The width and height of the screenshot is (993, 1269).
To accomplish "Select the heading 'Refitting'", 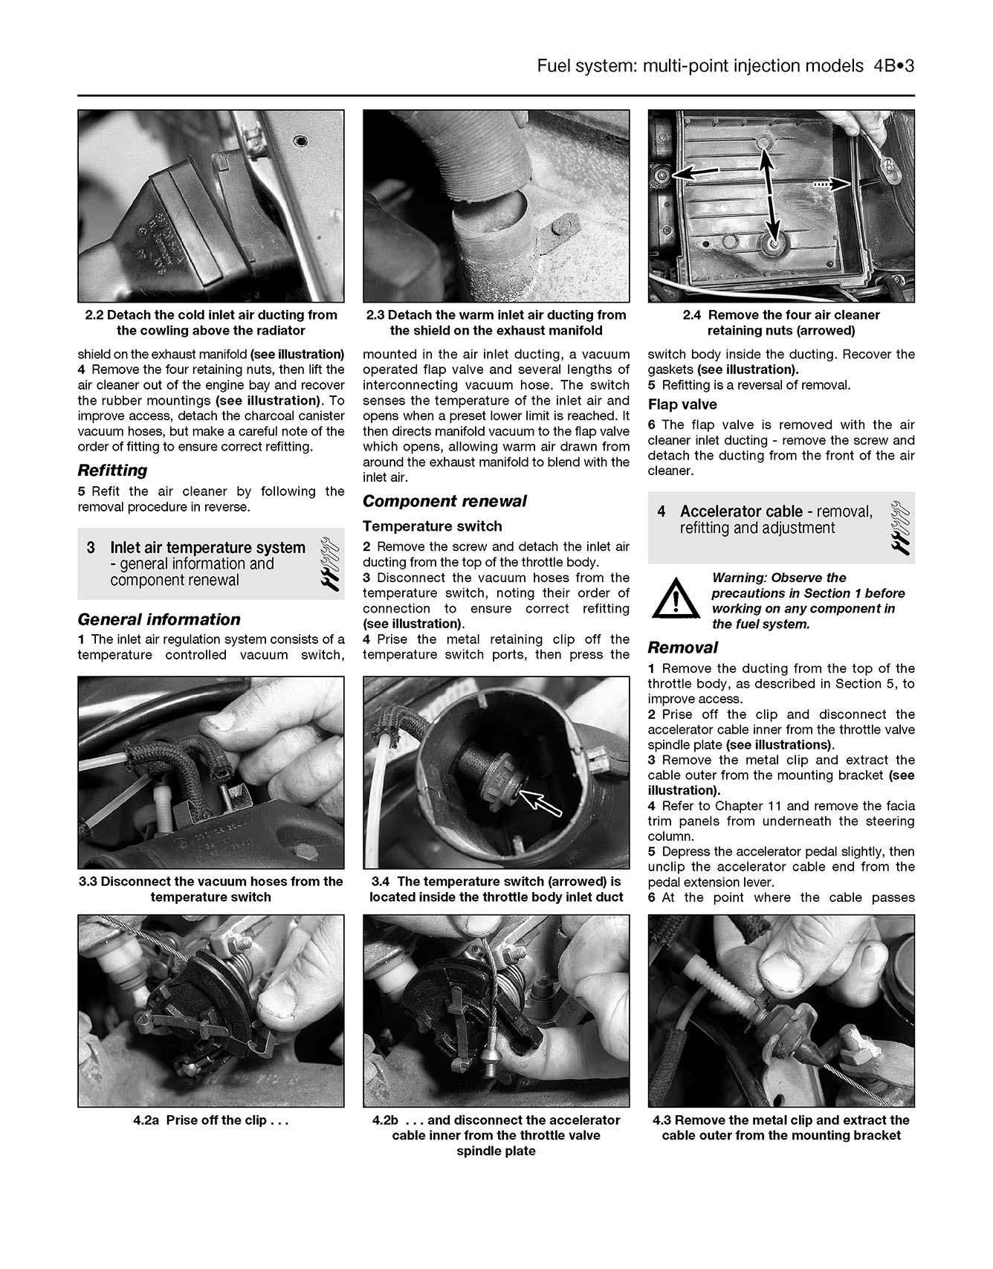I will (112, 470).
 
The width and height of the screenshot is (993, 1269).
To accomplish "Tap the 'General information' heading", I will (158, 619).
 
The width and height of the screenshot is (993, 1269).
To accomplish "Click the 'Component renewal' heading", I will (444, 501).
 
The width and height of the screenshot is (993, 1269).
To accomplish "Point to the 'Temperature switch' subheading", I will (432, 526).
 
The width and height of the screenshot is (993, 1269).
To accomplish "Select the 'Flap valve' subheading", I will (682, 404).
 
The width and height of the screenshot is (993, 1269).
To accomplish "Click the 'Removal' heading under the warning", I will (682, 648).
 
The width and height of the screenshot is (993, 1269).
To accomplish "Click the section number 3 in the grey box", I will (91, 548).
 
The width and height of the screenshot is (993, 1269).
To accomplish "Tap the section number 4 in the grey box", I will (662, 511).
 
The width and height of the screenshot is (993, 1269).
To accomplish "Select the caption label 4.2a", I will (146, 1120).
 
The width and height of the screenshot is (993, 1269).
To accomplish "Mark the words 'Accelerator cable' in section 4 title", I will (740, 511).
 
